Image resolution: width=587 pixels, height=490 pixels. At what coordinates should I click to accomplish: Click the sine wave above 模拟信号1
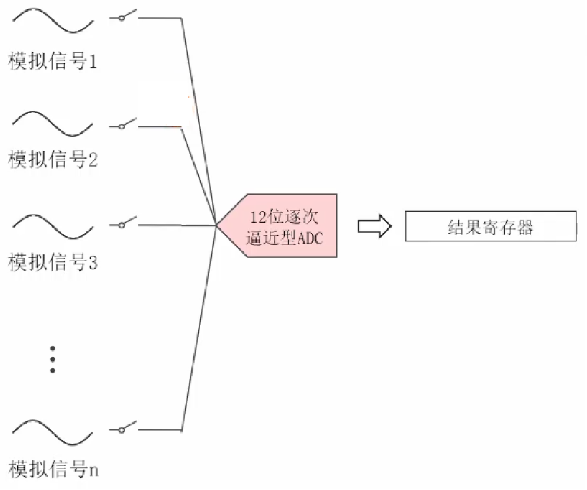pos(52,21)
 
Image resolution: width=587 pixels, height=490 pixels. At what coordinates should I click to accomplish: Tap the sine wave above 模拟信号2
pos(52,123)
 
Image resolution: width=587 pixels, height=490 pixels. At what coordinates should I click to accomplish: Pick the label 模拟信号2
pos(52,159)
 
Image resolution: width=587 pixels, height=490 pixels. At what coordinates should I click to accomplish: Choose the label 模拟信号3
pos(52,263)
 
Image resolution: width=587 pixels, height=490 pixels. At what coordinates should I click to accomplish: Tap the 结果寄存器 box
pos(490,226)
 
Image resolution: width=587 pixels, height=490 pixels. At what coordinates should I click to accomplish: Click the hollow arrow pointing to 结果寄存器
pos(374,226)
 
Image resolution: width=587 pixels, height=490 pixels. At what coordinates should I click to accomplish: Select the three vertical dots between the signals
pos(53,359)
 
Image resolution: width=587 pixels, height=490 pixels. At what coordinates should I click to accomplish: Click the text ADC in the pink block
pos(311,239)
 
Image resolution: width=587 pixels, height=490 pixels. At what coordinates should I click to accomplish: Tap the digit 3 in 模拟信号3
pos(92,264)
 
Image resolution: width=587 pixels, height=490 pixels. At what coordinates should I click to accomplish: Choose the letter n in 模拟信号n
pos(94,470)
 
